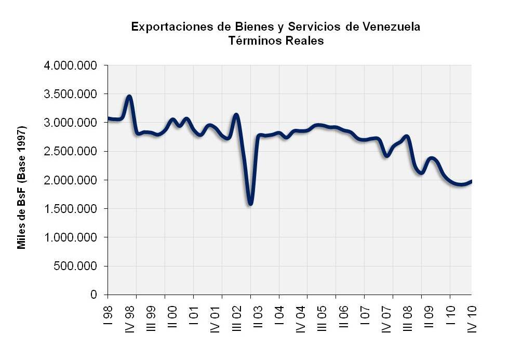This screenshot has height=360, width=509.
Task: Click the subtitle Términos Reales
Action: coord(276,42)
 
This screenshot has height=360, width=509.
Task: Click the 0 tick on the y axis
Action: coord(94,295)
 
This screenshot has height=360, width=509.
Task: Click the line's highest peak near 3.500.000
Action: coord(129,97)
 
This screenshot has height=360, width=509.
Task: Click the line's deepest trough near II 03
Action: coord(250,203)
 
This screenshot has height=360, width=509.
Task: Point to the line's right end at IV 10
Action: coord(471,181)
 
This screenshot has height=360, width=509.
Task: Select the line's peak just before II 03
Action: coord(236,115)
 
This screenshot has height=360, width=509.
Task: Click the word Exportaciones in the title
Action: coord(168,26)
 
